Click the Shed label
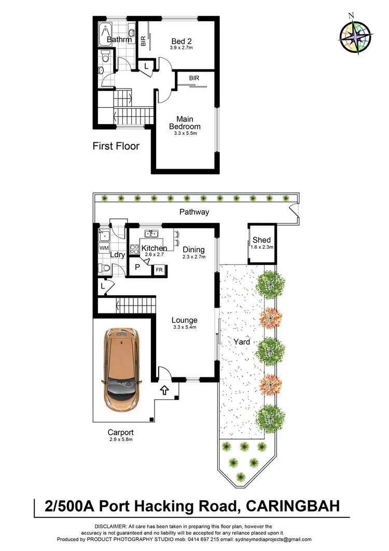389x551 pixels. click(x=261, y=240)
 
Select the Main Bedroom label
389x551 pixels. click(x=185, y=122)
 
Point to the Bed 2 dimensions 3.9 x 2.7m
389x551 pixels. click(x=185, y=48)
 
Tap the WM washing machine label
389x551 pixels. click(x=104, y=249)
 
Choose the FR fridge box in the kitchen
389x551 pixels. click(x=159, y=270)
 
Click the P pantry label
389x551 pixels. click(x=137, y=267)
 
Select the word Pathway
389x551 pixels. click(x=194, y=212)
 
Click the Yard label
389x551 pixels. click(x=242, y=342)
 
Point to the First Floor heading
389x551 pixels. click(x=116, y=146)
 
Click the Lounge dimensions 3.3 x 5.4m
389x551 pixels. click(x=185, y=327)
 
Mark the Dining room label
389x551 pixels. click(x=193, y=250)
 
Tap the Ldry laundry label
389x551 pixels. click(x=118, y=255)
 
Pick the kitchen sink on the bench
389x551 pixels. click(x=152, y=233)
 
